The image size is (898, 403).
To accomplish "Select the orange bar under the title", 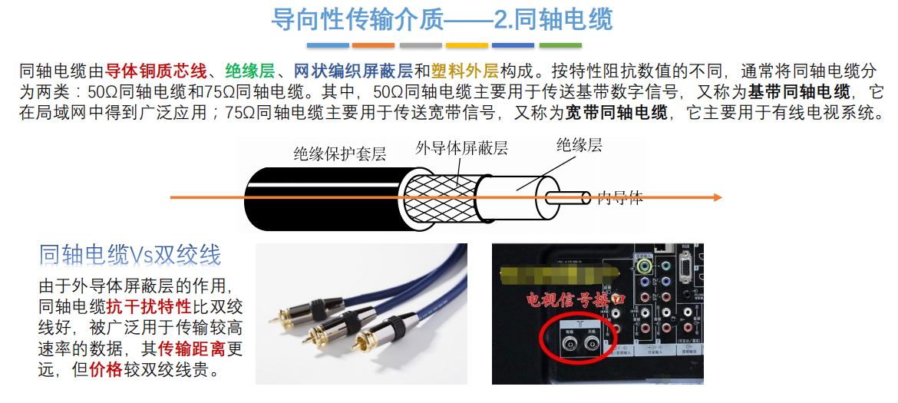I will coord(374,45).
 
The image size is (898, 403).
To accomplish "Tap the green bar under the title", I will coord(560,45).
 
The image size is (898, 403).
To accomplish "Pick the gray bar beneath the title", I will coord(421,45).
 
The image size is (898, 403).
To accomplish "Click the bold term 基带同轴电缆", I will coord(799,93).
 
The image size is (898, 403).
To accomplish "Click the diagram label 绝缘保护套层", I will coord(339,154).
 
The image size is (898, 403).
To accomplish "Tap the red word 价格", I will coord(105,371).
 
